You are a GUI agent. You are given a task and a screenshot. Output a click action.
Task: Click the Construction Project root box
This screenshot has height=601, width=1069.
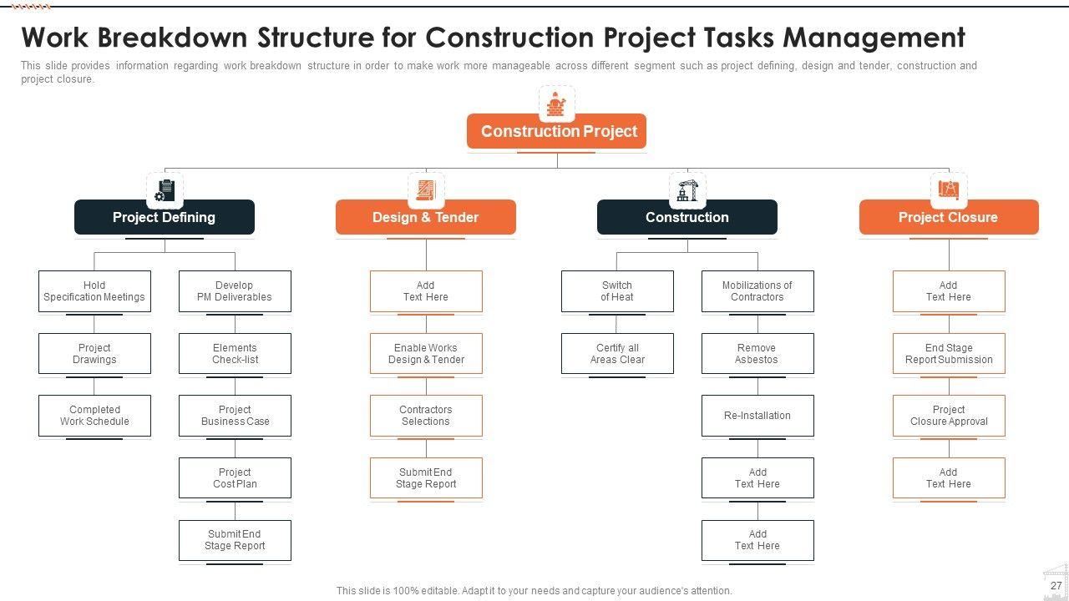click(557, 131)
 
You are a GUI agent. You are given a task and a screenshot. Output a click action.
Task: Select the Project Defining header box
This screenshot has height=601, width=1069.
click(165, 217)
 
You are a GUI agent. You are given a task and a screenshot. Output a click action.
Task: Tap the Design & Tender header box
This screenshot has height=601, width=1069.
click(426, 217)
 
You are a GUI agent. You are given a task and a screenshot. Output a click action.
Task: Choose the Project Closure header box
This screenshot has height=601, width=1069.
click(949, 217)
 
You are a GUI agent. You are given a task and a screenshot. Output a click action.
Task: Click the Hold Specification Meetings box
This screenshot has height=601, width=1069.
click(94, 291)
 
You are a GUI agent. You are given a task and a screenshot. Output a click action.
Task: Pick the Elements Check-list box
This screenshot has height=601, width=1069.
click(235, 354)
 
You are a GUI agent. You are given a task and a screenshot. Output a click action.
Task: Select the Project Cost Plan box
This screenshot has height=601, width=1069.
click(235, 478)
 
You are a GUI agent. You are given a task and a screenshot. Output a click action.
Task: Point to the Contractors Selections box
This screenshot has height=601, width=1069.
click(426, 416)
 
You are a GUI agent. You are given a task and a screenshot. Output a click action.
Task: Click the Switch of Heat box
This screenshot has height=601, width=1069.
click(617, 291)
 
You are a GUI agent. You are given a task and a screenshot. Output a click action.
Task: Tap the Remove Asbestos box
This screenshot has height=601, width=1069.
click(757, 354)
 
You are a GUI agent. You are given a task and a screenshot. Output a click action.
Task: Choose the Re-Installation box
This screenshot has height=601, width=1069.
click(757, 416)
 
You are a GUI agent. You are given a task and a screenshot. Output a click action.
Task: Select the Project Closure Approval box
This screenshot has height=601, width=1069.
click(949, 416)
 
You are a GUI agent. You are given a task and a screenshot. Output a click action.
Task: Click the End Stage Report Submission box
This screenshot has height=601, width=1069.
click(949, 354)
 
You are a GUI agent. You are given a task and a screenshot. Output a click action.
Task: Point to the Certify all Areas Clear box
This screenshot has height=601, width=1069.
click(617, 354)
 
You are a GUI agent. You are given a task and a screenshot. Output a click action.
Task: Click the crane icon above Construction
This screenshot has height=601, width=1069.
click(687, 189)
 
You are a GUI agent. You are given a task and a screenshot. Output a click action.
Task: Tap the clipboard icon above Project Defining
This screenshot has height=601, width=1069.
click(165, 190)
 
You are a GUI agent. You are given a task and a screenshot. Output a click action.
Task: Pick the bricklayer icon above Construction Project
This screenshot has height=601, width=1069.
click(557, 104)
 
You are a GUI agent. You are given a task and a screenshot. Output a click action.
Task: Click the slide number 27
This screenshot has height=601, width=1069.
click(1056, 586)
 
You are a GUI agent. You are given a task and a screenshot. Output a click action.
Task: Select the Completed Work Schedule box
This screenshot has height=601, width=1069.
click(94, 416)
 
